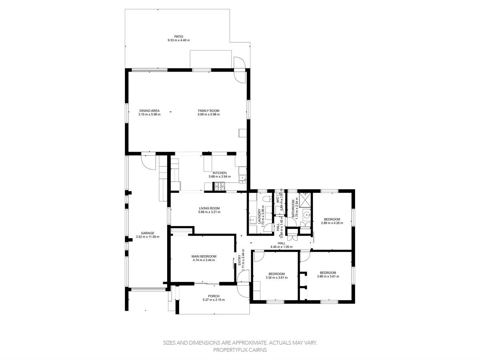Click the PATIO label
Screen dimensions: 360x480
(178, 36)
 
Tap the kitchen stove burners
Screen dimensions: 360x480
(220, 186)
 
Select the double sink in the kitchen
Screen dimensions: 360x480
(242, 179)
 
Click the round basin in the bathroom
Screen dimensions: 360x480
(306, 215)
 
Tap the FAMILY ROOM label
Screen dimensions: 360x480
(208, 111)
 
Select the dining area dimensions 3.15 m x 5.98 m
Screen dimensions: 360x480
(150, 114)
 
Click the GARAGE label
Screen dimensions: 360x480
(148, 233)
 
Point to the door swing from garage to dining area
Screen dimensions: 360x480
(147, 161)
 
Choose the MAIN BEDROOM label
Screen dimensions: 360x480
(204, 256)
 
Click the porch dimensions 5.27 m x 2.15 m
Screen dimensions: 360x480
(214, 300)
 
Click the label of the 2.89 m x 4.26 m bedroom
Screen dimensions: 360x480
(332, 219)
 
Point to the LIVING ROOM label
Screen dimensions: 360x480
(209, 208)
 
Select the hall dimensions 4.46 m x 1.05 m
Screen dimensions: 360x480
(282, 247)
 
